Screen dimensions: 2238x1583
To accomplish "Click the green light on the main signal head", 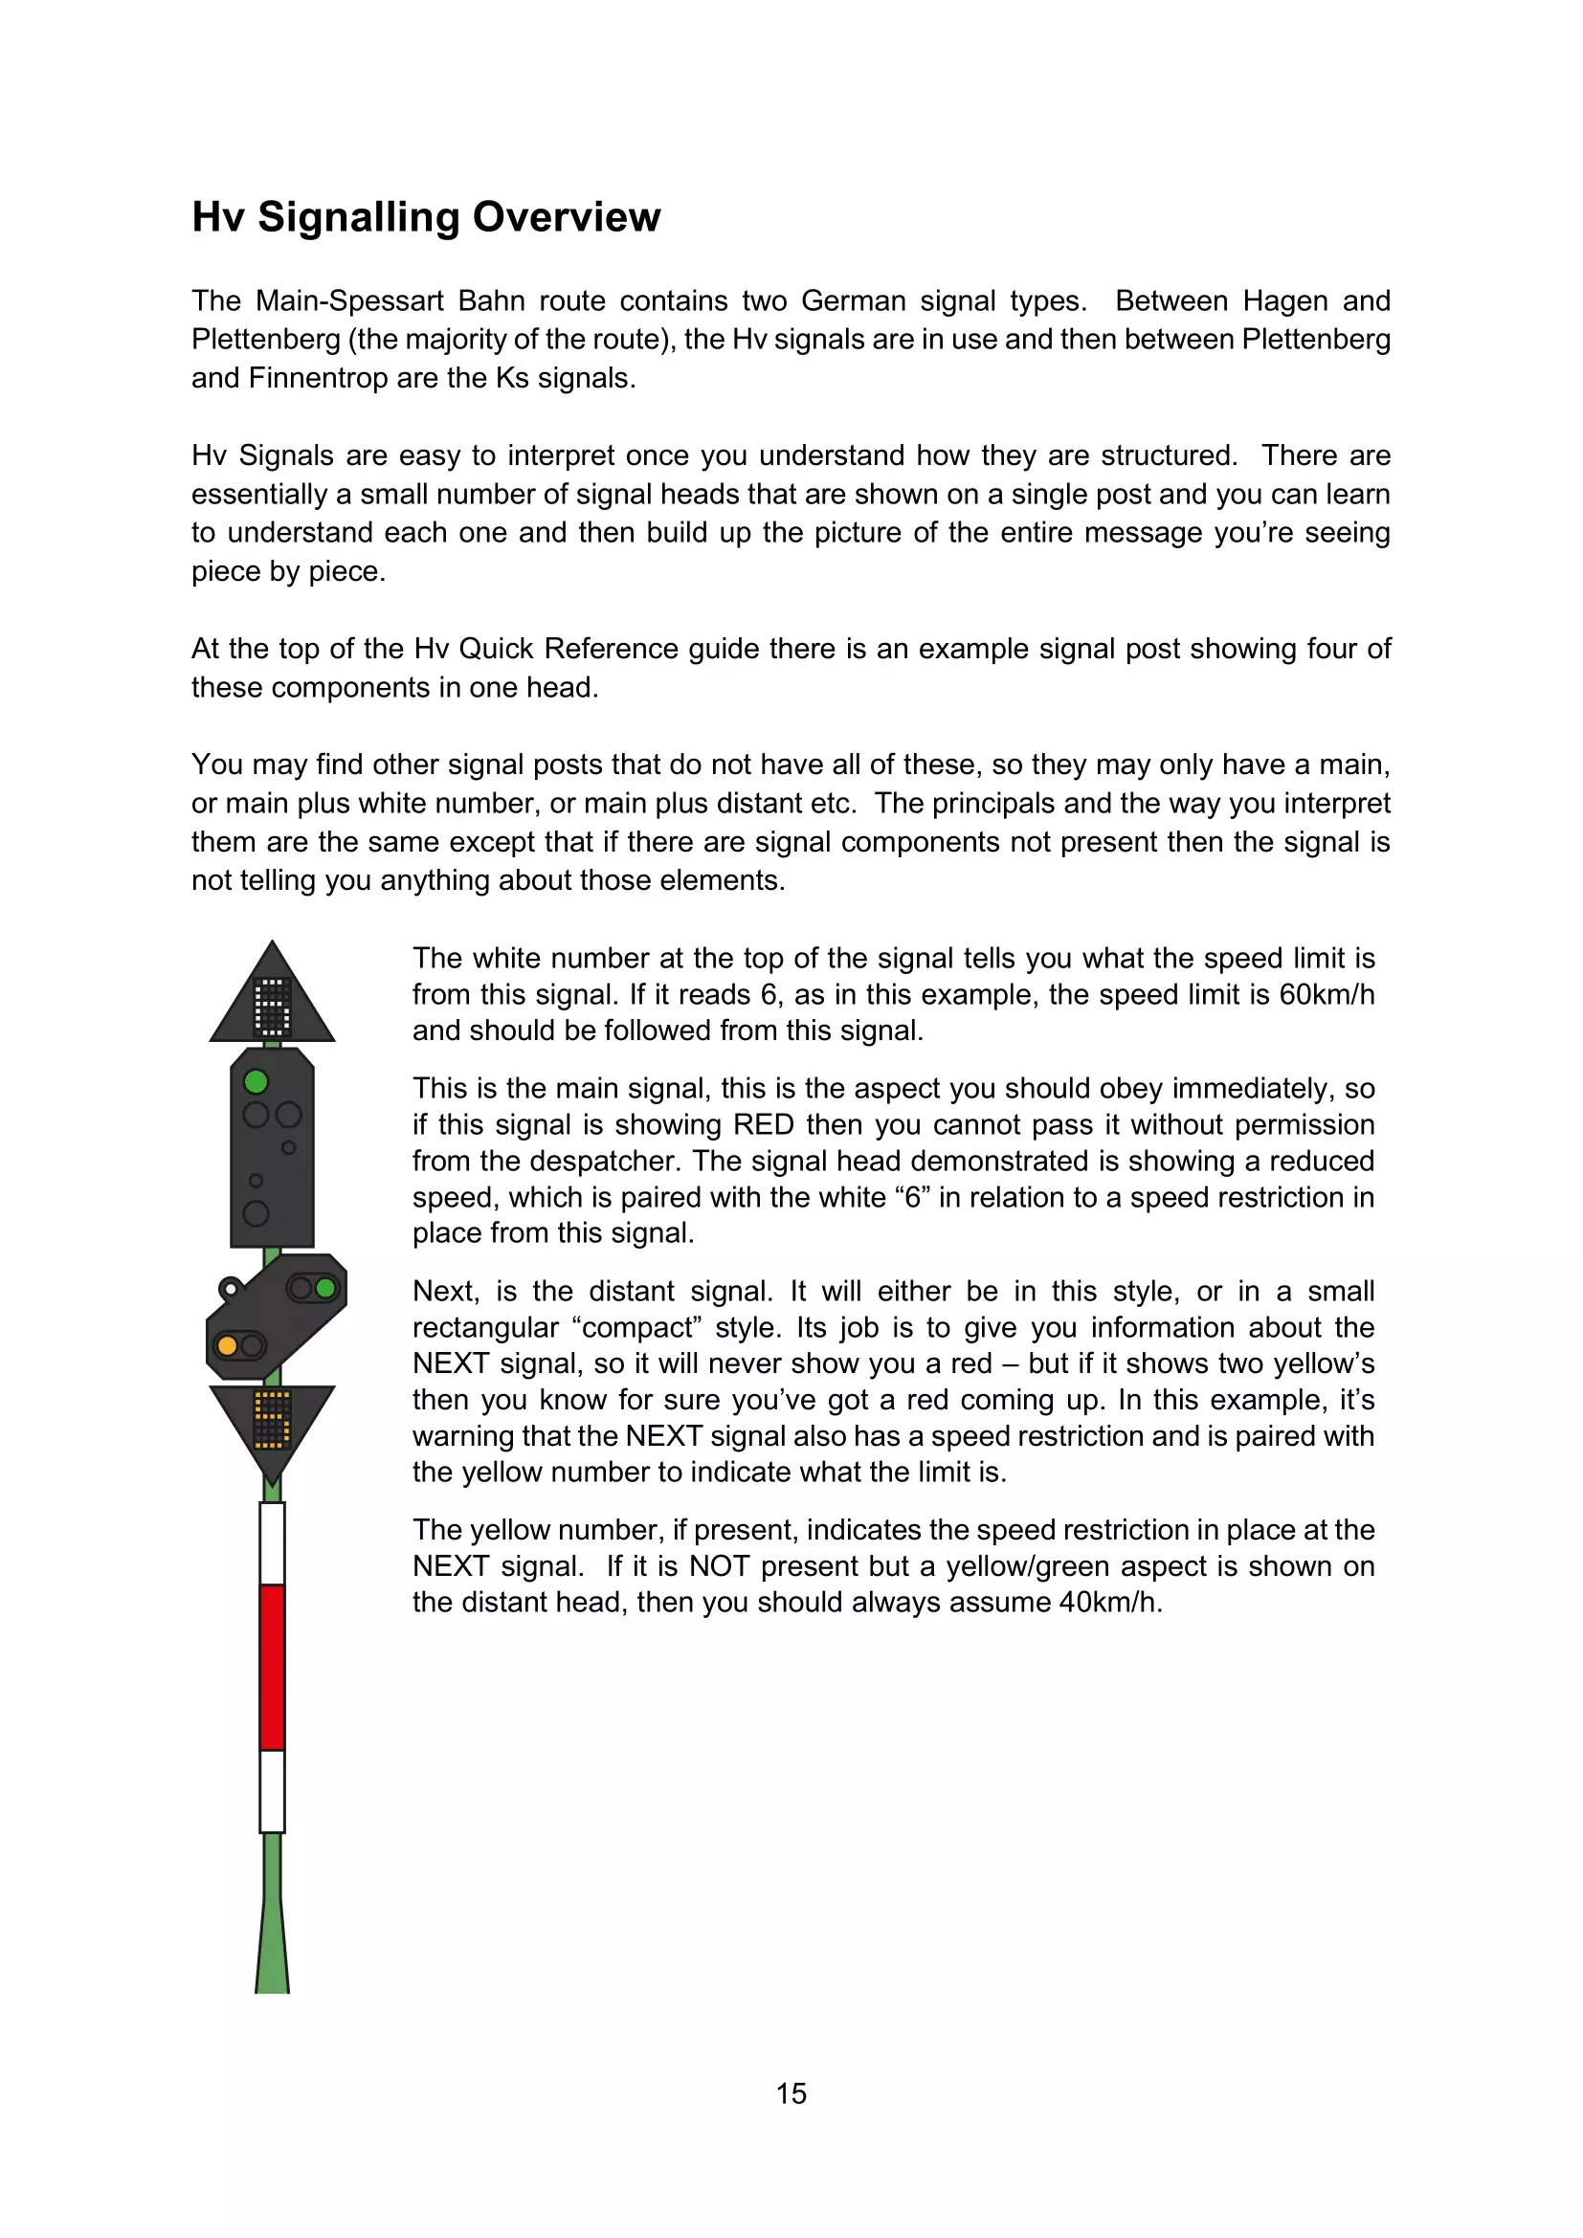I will (x=256, y=1082).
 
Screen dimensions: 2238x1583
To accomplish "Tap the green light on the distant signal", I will (x=325, y=1289).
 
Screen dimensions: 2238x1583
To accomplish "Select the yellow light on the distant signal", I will (x=228, y=1346).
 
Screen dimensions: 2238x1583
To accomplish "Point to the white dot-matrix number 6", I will (x=272, y=1006).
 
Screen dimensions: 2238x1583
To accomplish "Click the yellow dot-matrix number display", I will (x=272, y=1420).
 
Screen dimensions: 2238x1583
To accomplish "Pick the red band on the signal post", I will (x=272, y=1667).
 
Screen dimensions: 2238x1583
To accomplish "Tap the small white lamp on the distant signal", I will (x=230, y=1290).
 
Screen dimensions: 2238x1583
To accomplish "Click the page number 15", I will (x=791, y=2094).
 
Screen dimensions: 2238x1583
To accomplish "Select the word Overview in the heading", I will (x=567, y=217).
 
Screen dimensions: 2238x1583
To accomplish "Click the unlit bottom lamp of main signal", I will (x=256, y=1213).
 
